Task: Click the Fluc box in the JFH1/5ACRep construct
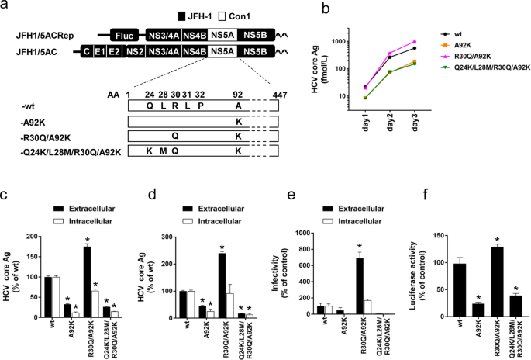click(x=123, y=36)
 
